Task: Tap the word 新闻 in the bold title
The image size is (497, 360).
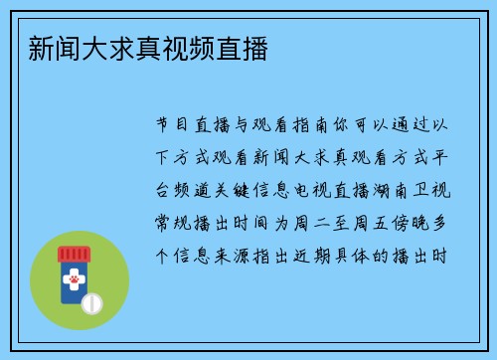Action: coord(57,48)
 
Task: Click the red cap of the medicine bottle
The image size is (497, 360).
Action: coord(74,253)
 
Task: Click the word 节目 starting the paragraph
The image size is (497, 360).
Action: coord(175,126)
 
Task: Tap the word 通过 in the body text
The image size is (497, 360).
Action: coord(419,126)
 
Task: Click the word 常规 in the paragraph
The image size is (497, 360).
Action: coord(175,225)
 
